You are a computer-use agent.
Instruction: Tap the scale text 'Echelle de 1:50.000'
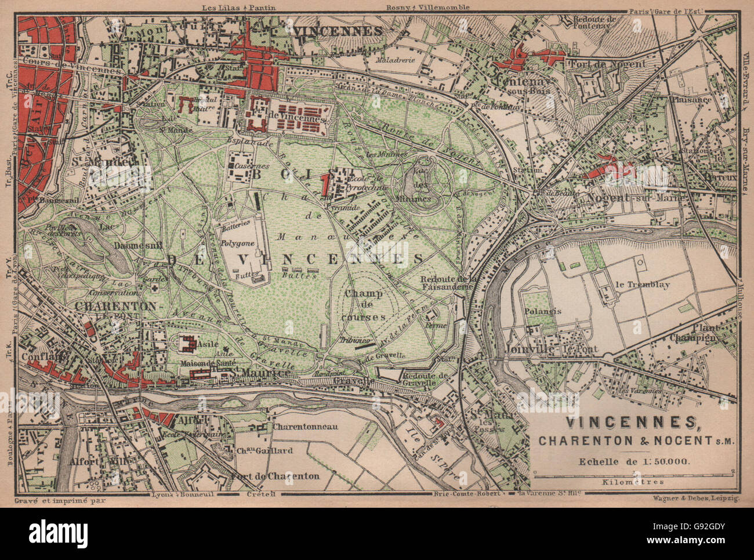(x=635, y=462)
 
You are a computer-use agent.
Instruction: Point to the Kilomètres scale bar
(x=635, y=474)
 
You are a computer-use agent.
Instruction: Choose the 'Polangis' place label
(x=543, y=311)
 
